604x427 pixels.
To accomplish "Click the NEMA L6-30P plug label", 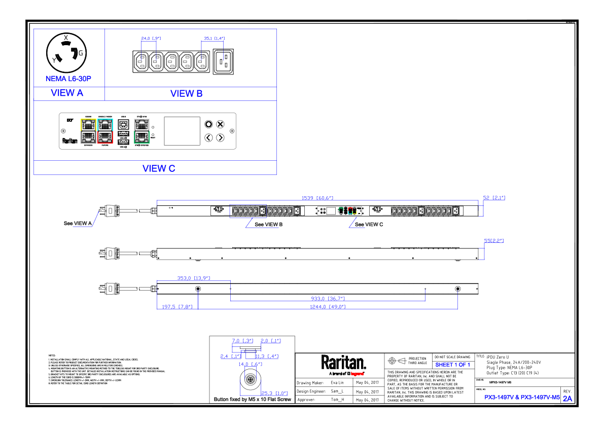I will click(68, 79).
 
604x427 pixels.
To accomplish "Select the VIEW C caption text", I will click(159, 169).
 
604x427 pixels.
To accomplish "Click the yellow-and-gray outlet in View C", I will click(88, 131).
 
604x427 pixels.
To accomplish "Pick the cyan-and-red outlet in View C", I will click(105, 131).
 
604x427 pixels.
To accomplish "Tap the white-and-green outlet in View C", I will click(141, 131).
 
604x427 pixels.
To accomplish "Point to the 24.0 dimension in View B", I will click(151, 39).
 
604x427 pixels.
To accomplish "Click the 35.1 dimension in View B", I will click(214, 39).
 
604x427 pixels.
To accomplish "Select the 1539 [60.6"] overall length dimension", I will click(317, 198).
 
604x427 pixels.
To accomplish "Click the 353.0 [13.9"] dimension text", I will click(193, 278).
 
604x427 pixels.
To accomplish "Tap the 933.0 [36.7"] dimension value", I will click(328, 299).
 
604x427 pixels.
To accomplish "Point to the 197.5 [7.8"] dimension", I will click(177, 307).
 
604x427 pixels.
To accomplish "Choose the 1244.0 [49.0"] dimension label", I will click(328, 307).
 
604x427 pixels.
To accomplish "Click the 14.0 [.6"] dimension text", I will click(250, 364).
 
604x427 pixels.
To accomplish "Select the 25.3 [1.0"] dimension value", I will click(274, 394).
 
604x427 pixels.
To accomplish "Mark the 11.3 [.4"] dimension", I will click(266, 356).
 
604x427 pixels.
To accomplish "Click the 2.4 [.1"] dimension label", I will click(230, 356).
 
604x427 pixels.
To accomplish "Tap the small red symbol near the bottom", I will click(357, 374).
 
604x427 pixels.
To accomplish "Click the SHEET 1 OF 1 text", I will click(452, 365).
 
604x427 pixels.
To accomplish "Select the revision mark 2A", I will click(567, 399).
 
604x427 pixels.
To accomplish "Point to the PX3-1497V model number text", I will click(522, 398).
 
